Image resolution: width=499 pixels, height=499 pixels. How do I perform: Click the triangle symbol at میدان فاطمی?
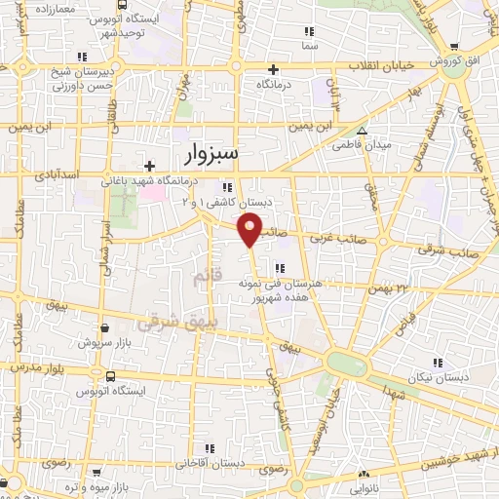click(363, 131)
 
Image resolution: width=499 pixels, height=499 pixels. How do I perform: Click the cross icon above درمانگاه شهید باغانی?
click(149, 166)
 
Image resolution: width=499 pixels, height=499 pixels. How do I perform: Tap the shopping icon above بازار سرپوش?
click(104, 327)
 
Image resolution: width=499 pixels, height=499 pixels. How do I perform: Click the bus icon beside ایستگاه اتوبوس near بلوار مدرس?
click(109, 375)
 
